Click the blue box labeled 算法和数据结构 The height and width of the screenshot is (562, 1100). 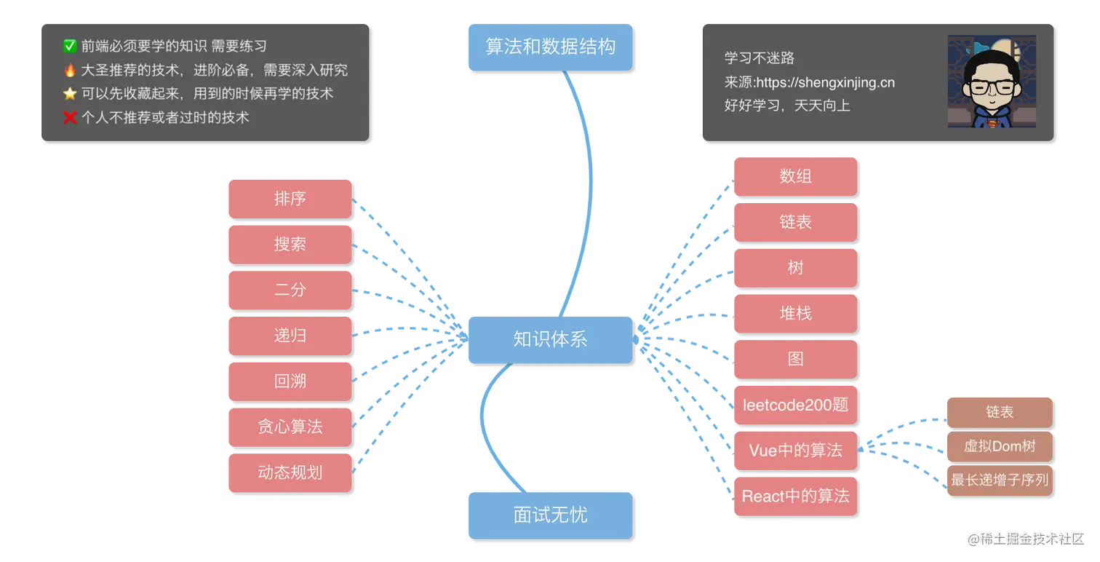(x=549, y=47)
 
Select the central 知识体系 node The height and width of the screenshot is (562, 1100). (x=549, y=339)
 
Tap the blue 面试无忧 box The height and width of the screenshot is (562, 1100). (x=549, y=515)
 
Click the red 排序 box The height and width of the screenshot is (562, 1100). (x=290, y=198)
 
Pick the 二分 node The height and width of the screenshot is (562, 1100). (x=290, y=290)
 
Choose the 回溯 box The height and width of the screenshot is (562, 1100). (x=290, y=381)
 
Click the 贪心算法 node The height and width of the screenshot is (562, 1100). (x=290, y=427)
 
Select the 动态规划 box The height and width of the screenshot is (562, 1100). (x=290, y=472)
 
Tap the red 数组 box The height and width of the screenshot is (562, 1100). (x=794, y=176)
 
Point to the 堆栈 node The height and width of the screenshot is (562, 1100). (x=794, y=313)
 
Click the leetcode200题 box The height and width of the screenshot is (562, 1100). (x=794, y=405)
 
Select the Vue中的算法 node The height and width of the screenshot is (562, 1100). (x=794, y=451)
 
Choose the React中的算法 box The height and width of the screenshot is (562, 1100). (x=794, y=496)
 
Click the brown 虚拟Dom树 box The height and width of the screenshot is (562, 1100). (x=999, y=446)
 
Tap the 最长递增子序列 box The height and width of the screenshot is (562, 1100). (x=999, y=480)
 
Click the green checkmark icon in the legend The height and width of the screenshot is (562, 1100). (x=70, y=47)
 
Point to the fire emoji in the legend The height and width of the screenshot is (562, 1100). (x=70, y=71)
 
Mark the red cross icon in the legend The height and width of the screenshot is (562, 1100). (x=70, y=117)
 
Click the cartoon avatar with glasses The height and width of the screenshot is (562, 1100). (x=991, y=82)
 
